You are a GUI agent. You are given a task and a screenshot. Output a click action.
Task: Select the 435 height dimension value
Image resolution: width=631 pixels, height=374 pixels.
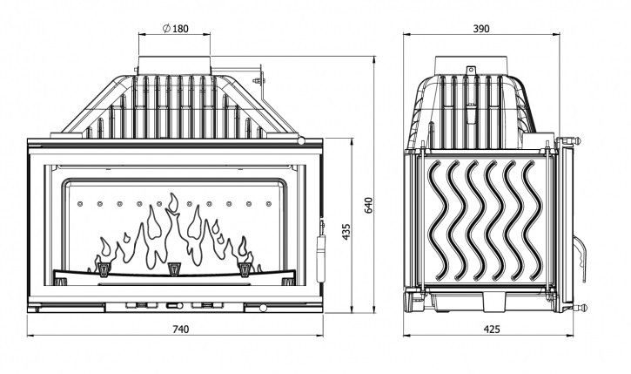[x=346, y=232]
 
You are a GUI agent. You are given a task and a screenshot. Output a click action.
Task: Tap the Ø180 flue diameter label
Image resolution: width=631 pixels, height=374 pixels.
[x=175, y=29]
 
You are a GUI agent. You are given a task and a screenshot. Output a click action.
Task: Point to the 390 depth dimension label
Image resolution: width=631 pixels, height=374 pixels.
[x=480, y=29]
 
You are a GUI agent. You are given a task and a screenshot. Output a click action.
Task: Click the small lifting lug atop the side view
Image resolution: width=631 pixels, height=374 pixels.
[x=471, y=71]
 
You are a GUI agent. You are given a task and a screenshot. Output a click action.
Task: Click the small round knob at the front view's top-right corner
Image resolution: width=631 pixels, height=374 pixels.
[x=301, y=139]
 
